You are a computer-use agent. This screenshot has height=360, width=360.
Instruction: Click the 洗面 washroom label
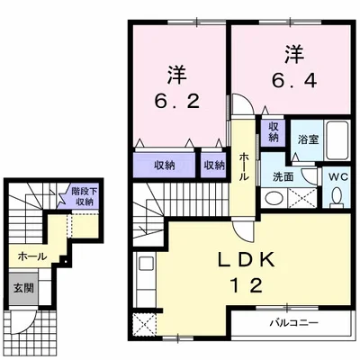tap(281, 176)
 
